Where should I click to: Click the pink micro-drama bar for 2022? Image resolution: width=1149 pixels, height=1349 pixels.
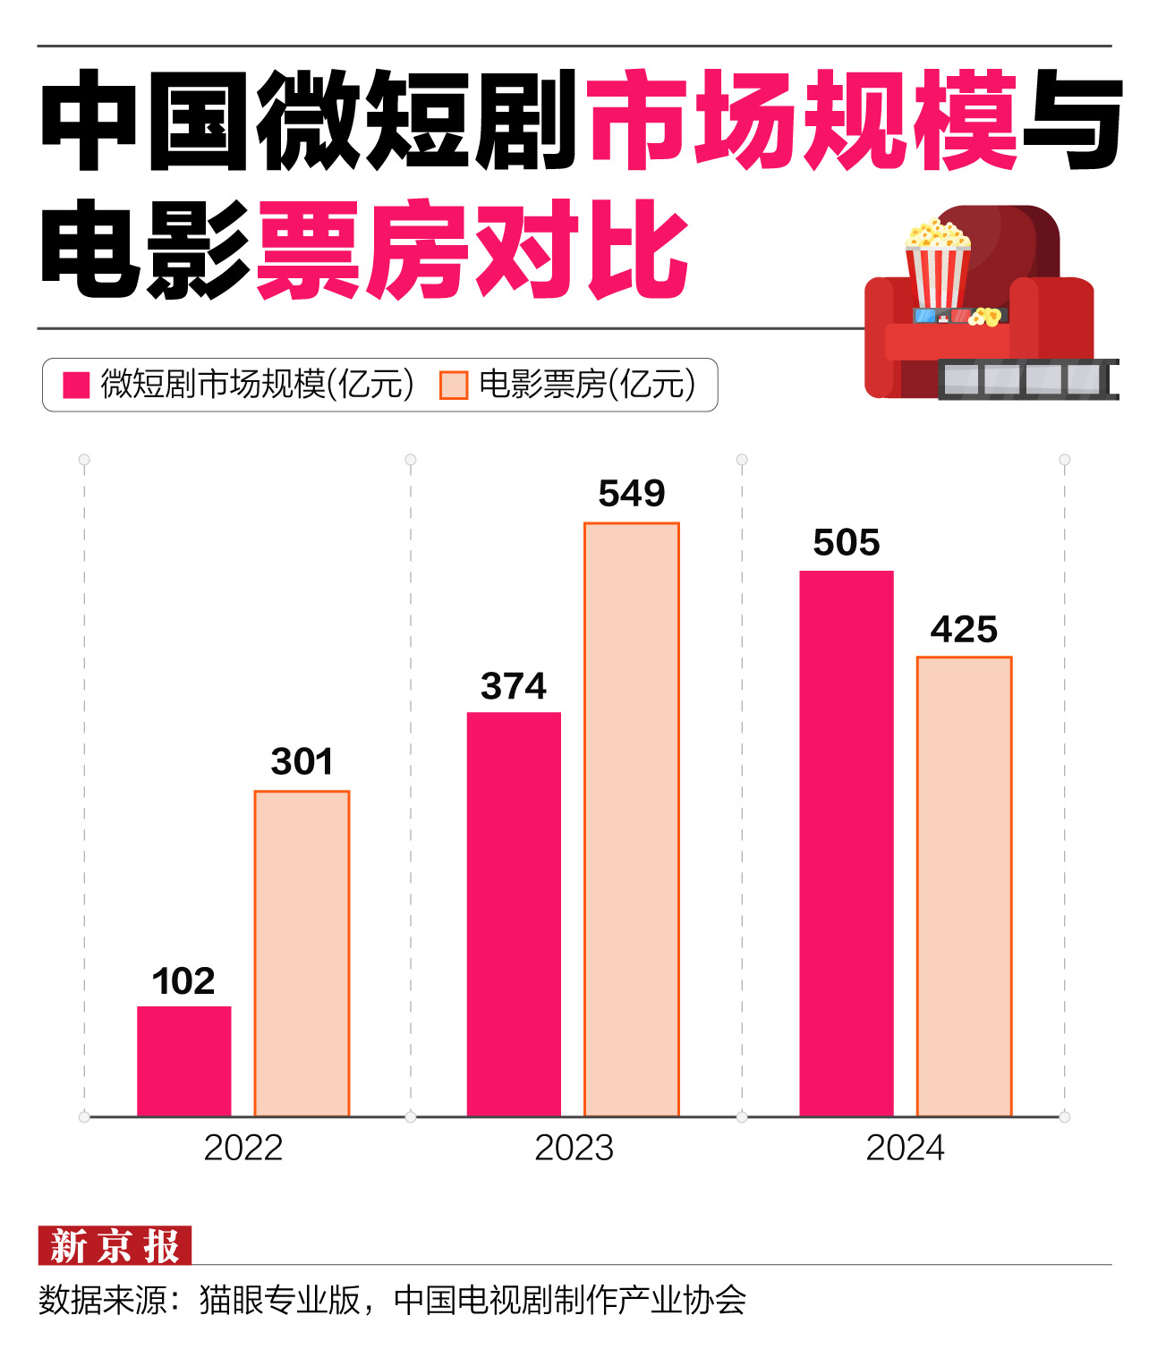coord(183,1061)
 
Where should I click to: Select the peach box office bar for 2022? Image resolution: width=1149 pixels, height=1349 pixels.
coord(302,953)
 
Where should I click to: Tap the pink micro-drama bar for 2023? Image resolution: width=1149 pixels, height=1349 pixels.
coord(514,913)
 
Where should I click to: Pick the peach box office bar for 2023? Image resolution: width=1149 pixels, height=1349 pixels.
coord(632,819)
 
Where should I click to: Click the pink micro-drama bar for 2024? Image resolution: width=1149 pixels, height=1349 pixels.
coord(846,843)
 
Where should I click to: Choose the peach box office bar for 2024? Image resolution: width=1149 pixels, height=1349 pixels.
coord(964,886)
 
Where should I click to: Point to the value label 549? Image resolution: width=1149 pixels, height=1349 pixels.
coord(632,493)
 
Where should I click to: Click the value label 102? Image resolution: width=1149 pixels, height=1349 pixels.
coord(183,981)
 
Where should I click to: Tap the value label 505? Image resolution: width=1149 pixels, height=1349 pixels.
coord(846,542)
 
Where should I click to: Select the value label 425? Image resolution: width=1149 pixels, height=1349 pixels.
coord(964,629)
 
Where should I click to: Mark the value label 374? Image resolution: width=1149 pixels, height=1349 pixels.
coord(514,686)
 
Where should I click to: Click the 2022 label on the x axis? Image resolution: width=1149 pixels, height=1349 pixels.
coord(243,1148)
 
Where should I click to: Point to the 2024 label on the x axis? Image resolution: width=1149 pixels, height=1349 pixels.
coord(905,1148)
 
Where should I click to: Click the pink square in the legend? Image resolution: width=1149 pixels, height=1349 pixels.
coord(76,385)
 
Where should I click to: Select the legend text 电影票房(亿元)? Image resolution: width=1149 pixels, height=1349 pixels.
coord(587,385)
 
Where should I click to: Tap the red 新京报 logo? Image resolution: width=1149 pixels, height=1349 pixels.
coord(115,1245)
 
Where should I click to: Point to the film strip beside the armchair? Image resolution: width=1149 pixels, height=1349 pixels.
coord(1028,378)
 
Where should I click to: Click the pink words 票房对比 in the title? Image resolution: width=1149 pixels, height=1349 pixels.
coord(472,250)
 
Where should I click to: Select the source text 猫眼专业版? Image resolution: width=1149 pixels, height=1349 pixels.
coord(279,1300)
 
